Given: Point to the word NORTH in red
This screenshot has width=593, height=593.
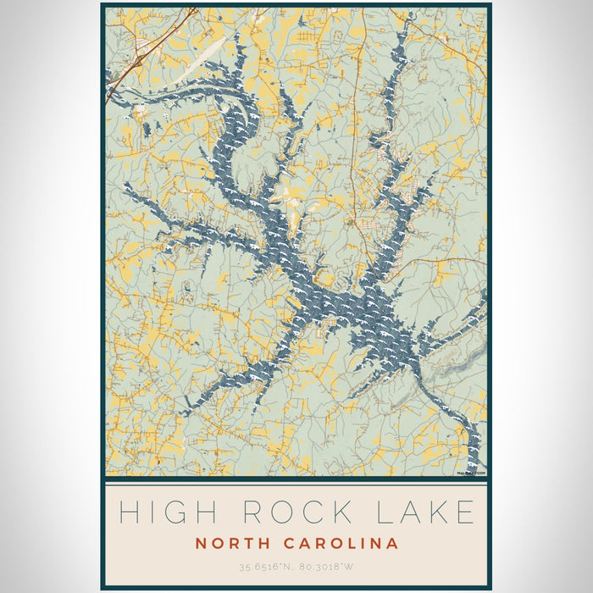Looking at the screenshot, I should coord(234,542).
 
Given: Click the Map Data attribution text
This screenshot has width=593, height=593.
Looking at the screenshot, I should coord(470,474).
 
